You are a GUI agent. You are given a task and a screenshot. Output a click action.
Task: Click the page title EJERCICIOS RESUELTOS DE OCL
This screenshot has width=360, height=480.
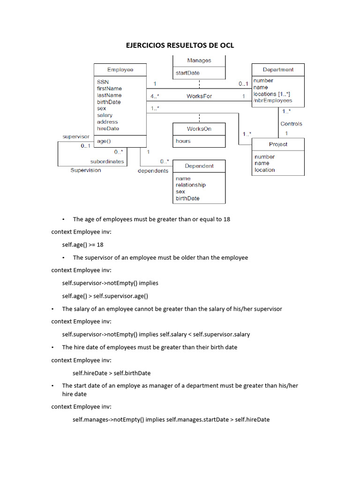pyautogui.click(x=180, y=45)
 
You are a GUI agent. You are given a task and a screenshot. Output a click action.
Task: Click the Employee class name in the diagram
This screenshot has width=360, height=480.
pyautogui.click(x=120, y=70)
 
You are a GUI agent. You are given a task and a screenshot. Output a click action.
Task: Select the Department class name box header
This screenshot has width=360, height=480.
pyautogui.click(x=278, y=70)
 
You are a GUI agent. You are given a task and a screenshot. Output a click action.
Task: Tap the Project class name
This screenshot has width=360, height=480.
pyautogui.click(x=278, y=144)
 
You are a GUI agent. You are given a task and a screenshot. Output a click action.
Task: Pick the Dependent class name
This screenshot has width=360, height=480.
pyautogui.click(x=199, y=166)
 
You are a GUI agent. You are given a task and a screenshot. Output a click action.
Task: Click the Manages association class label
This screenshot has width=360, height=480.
pyautogui.click(x=199, y=60)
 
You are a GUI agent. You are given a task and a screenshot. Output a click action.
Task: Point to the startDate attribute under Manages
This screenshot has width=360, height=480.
pyautogui.click(x=187, y=73)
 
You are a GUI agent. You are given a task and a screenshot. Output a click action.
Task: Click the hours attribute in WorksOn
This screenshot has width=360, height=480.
pyautogui.click(x=183, y=141)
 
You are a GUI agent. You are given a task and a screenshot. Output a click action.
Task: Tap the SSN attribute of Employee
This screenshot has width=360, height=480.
pyautogui.click(x=103, y=82)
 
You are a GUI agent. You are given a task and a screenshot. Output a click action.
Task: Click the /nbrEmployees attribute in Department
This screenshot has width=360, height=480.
pyautogui.click(x=272, y=100)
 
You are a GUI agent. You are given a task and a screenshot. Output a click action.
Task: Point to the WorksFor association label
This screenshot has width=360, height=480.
pyautogui.click(x=199, y=96)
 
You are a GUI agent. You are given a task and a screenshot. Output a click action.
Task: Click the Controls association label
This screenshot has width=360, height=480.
pyautogui.click(x=291, y=124)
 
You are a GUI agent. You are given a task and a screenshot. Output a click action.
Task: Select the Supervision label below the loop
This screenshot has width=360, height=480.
pyautogui.click(x=85, y=170)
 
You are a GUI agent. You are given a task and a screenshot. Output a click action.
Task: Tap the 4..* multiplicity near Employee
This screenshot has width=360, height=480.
pyautogui.click(x=155, y=96)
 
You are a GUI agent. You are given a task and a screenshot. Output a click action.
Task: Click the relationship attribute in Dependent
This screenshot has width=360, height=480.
pyautogui.click(x=190, y=185)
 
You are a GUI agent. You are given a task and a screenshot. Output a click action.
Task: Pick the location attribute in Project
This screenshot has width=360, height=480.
pyautogui.click(x=265, y=170)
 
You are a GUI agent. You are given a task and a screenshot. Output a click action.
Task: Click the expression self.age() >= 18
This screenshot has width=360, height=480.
pyautogui.click(x=82, y=245)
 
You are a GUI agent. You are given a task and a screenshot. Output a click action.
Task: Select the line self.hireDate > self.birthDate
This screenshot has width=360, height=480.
pyautogui.click(x=112, y=373)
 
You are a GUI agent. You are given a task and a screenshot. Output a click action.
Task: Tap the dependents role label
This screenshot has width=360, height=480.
pyautogui.click(x=153, y=171)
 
